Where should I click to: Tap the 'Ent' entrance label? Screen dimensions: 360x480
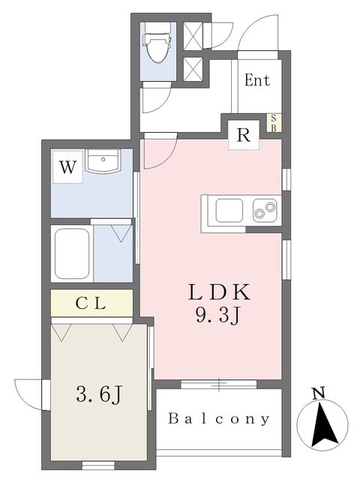coord(257,80)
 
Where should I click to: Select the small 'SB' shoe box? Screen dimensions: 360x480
coord(274,123)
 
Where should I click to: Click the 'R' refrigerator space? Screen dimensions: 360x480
coord(244,135)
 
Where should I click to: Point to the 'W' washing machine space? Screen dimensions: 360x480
coord(67,166)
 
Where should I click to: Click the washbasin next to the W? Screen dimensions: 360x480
coord(103,161)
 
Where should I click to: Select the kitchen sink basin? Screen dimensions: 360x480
coord(229,211)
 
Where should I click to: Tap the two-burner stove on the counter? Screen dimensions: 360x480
coord(265,210)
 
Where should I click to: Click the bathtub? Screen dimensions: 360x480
coord(72,253)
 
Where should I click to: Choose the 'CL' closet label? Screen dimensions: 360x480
coord(91,303)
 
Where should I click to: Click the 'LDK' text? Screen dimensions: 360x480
coord(219,292)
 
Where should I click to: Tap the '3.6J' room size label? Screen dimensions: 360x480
coord(99,394)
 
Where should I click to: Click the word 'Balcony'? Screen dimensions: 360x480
coord(219,418)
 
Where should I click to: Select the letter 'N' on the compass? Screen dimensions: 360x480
coord(319,393)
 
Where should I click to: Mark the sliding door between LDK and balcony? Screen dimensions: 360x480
coord(218,384)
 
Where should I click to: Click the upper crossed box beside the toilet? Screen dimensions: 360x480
coord(193,35)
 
